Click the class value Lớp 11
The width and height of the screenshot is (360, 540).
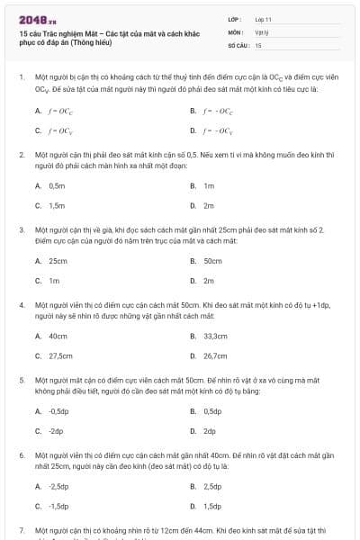pos(264,18)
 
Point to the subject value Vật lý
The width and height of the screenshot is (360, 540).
pos(262,31)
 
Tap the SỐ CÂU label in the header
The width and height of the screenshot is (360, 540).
pos(238,44)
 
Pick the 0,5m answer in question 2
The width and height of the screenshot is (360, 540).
pos(57,185)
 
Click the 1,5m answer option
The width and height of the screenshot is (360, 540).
pos(57,205)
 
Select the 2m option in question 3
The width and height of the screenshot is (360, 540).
pos(208,280)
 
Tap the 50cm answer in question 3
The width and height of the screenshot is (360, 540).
pos(212,261)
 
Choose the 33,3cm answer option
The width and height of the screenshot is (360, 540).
pos(216,336)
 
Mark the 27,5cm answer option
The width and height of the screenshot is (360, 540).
pos(59,355)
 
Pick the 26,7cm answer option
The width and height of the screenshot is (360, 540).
pos(216,355)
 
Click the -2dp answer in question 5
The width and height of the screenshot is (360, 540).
pos(56,430)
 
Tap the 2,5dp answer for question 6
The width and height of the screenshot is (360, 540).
pos(212,486)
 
